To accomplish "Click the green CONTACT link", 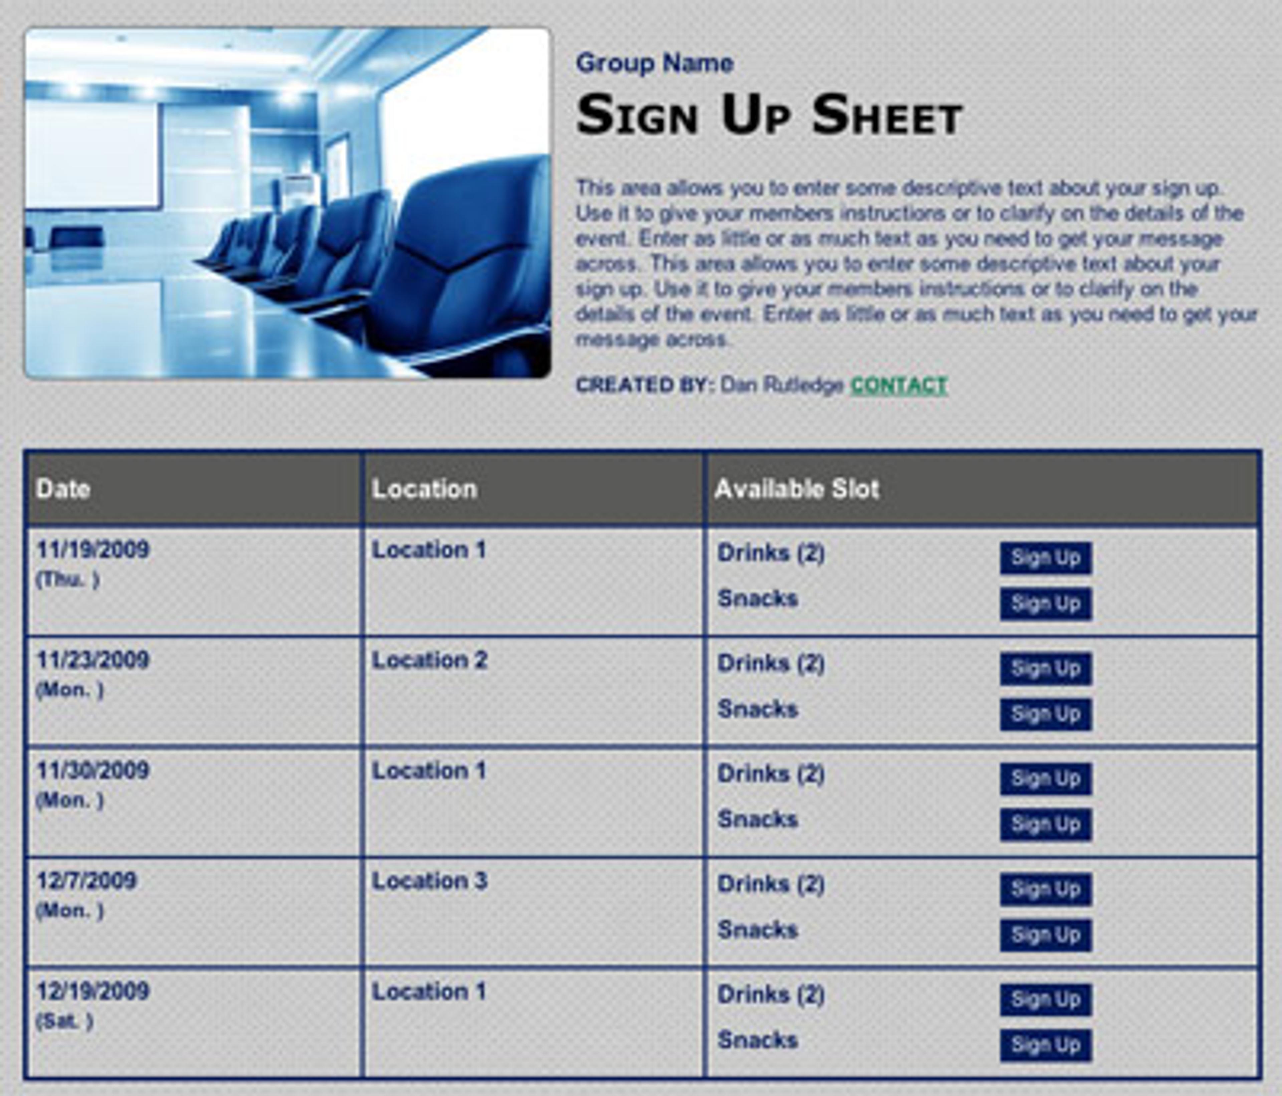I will pos(898,386).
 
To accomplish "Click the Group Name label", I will pos(655,63).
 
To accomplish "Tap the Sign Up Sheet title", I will pos(769,116).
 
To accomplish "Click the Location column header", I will pos(424,489).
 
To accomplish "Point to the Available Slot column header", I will pos(796,489).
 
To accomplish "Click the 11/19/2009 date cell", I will pos(93,550).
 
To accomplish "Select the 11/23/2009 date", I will pos(93,660).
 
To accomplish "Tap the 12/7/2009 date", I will pos(86,881).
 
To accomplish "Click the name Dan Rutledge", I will pos(782,386).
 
